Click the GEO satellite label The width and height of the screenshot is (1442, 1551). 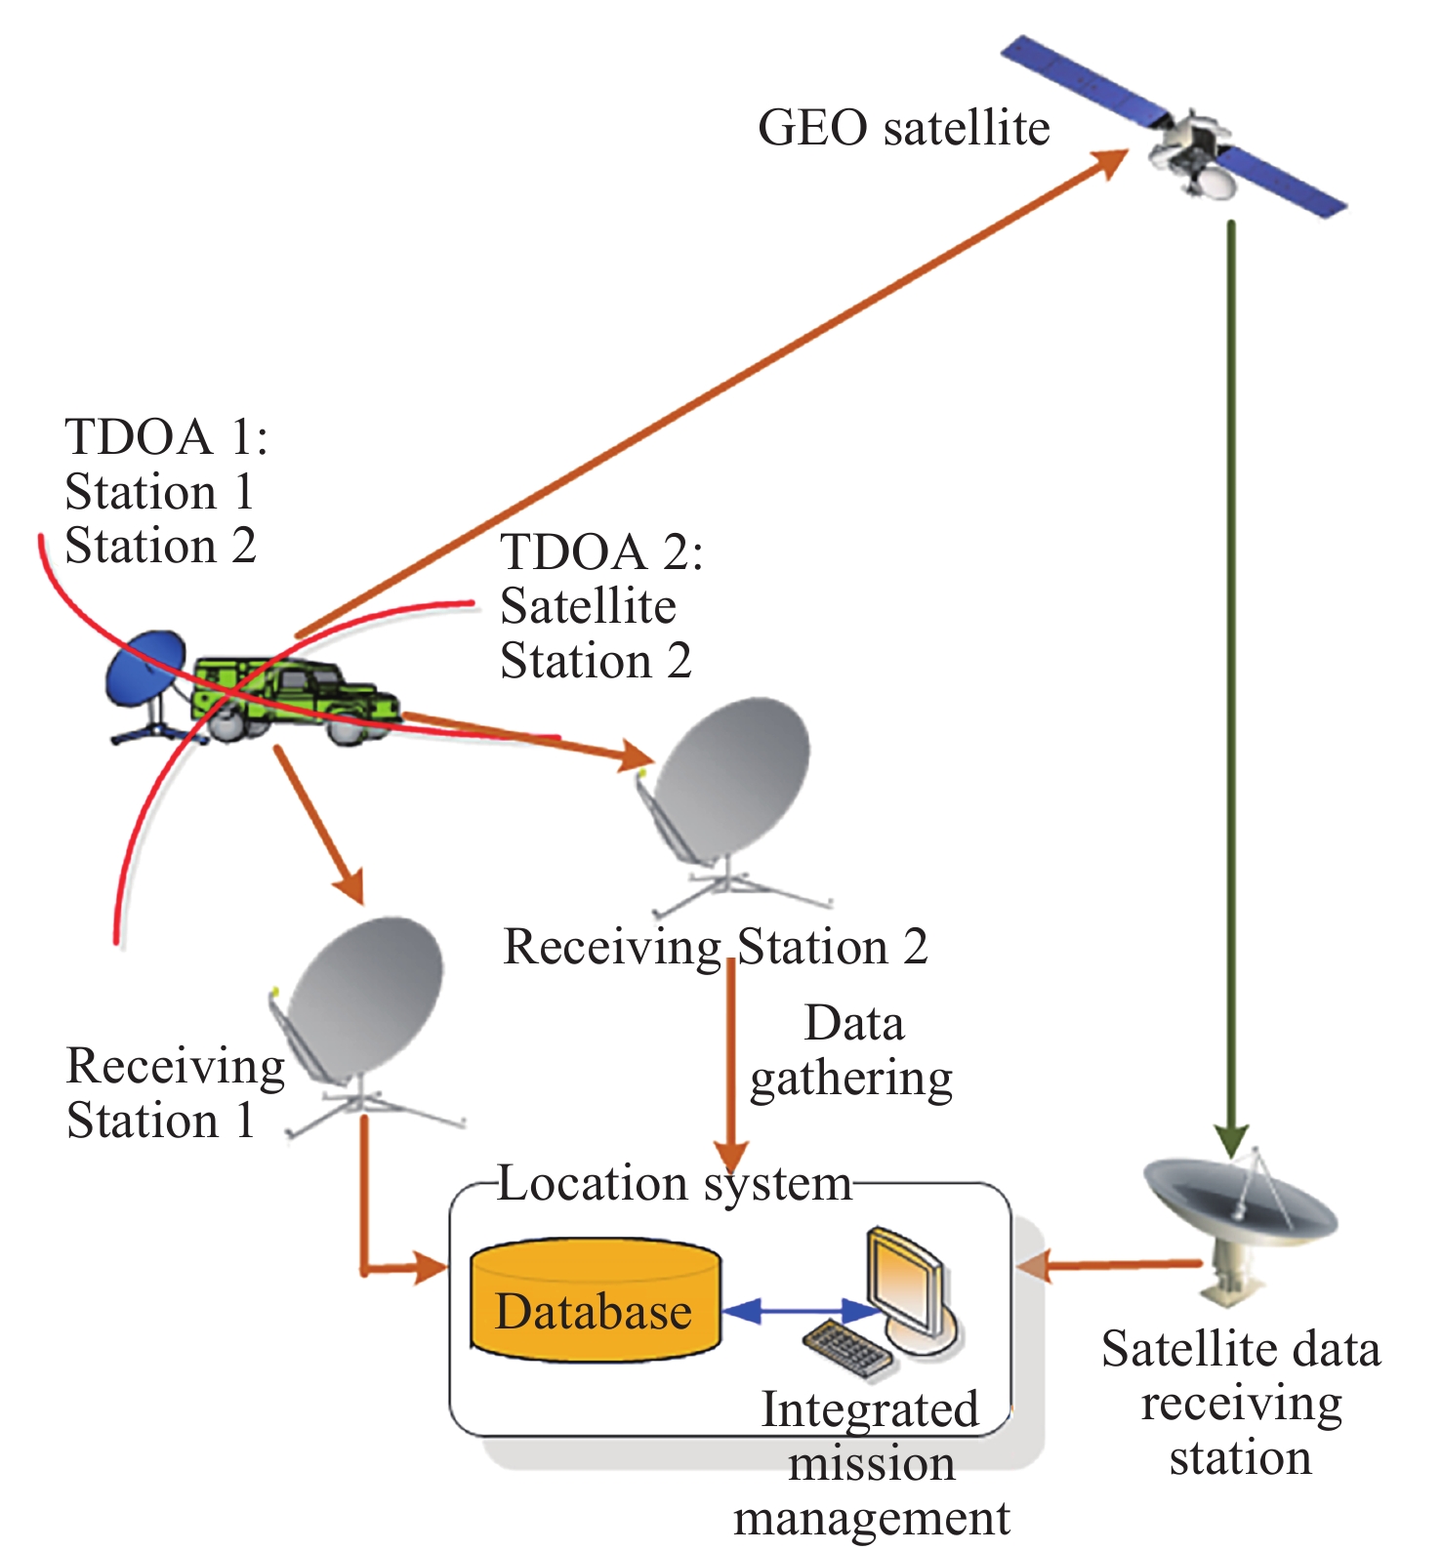pyautogui.click(x=903, y=128)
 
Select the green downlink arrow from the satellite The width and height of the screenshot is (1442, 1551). pyautogui.click(x=1232, y=683)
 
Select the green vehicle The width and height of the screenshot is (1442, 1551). pyautogui.click(x=293, y=699)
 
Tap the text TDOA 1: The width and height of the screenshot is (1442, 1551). pyautogui.click(x=166, y=436)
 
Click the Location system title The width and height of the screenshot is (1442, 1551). pyautogui.click(x=674, y=1183)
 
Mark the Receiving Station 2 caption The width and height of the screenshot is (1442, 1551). pyautogui.click(x=715, y=946)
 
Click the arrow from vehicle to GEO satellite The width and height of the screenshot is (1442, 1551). pyautogui.click(x=713, y=390)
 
